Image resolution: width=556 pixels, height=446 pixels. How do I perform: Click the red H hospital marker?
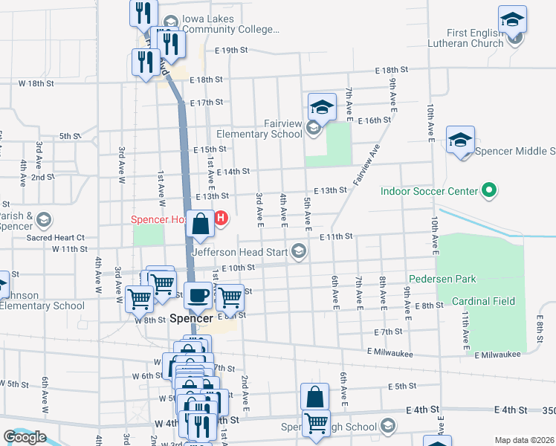[221, 218]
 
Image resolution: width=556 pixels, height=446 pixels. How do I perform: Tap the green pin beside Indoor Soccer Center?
[488, 191]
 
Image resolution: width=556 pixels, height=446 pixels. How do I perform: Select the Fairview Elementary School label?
[256, 129]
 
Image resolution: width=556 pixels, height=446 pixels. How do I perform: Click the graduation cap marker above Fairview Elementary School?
[321, 107]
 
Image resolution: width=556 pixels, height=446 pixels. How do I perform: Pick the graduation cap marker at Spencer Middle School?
[460, 140]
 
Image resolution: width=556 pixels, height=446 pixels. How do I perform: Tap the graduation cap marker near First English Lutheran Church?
[512, 20]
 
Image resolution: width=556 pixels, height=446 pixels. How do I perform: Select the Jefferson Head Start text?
[240, 251]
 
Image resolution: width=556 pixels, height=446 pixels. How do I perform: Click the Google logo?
[25, 437]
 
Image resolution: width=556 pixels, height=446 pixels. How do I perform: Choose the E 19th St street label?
[230, 51]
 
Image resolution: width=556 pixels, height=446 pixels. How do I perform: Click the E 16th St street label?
[374, 120]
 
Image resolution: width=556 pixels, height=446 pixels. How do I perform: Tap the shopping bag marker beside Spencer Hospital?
[201, 224]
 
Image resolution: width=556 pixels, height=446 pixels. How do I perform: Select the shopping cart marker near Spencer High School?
[317, 422]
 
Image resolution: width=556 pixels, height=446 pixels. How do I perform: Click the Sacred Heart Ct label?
[65, 237]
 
